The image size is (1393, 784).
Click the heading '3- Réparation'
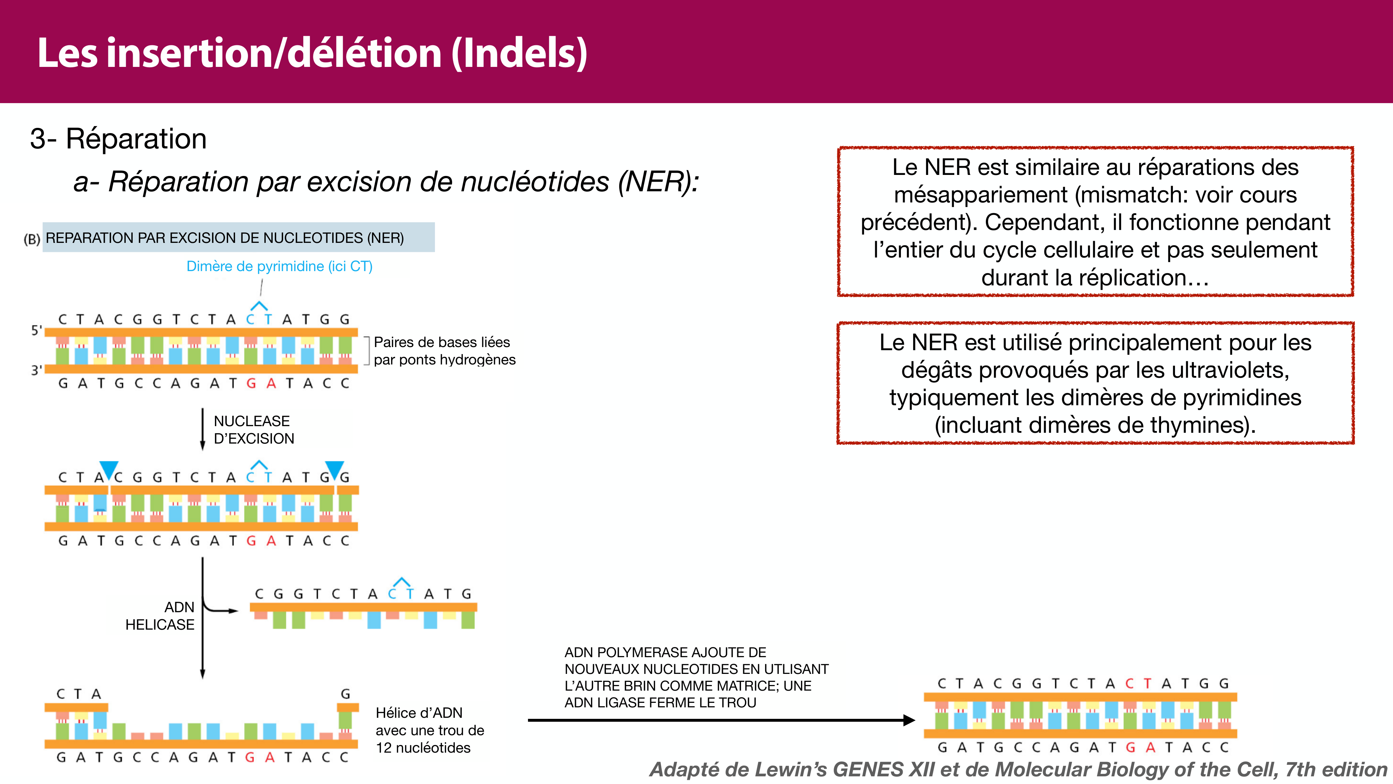coord(118,139)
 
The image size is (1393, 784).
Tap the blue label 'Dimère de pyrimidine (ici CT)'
coord(279,266)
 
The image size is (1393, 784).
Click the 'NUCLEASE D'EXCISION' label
coord(254,430)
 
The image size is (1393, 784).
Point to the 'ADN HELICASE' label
coord(160,616)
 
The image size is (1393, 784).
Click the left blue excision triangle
coord(109,469)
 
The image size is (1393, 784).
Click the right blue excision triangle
coord(334,469)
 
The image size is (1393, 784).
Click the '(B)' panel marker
coord(32,239)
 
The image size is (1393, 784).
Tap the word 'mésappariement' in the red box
coord(980,195)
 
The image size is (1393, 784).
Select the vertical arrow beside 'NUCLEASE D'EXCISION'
coord(203,429)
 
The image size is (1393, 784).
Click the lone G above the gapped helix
coord(345,694)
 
